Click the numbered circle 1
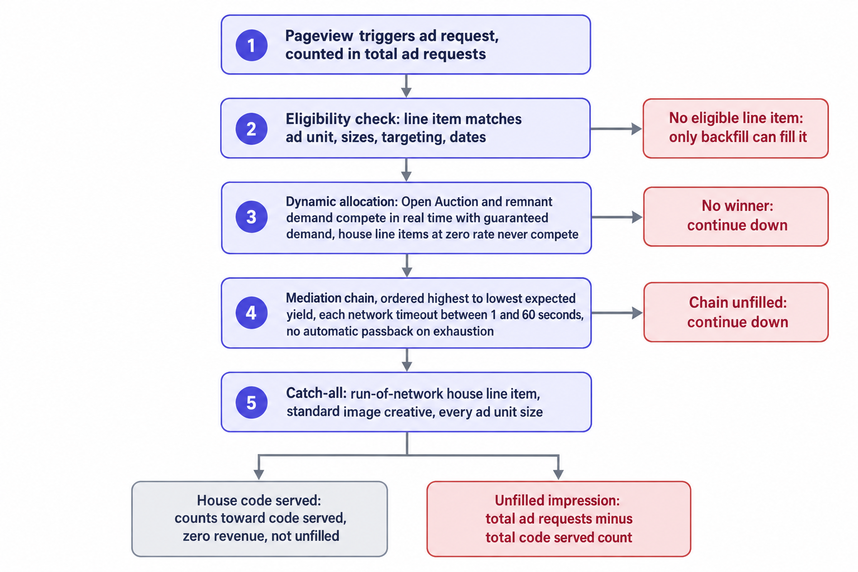(x=251, y=45)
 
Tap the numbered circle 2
(x=251, y=128)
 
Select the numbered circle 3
(x=251, y=217)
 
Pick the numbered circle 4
(x=251, y=313)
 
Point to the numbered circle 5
(x=251, y=402)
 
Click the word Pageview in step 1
(x=319, y=36)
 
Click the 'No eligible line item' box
(x=736, y=128)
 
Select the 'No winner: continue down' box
(x=736, y=217)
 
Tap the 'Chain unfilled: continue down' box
(x=736, y=312)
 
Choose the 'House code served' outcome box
(x=259, y=519)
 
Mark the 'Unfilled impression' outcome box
(x=559, y=519)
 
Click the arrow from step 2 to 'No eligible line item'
(x=616, y=128)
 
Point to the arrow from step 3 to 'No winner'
(x=617, y=217)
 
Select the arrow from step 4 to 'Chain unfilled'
(x=617, y=313)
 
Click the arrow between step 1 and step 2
(x=406, y=86)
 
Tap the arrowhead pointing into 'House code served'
(x=259, y=474)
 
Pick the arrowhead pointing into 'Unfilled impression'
(x=559, y=474)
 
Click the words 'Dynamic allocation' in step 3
(x=341, y=202)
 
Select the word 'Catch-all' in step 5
(x=316, y=393)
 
